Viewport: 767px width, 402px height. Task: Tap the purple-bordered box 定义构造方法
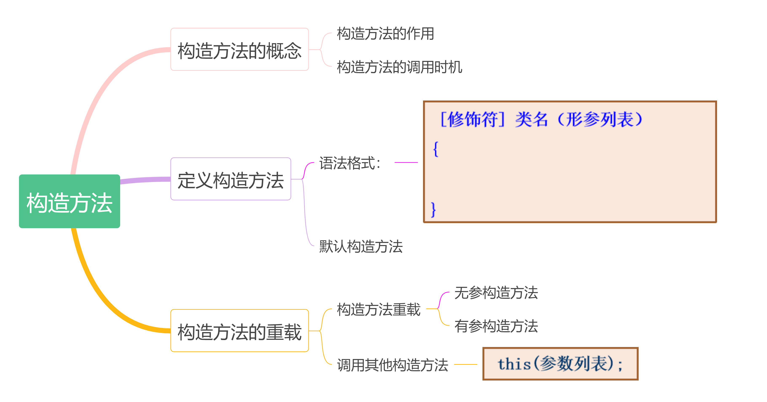[x=230, y=179]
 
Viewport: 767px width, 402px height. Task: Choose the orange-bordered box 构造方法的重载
[x=239, y=331]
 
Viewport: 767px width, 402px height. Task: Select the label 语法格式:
[x=350, y=163]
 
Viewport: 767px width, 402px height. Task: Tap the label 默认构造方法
[x=361, y=246]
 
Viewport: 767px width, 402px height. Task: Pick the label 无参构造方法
[x=496, y=293]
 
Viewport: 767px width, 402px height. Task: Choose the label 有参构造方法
[x=496, y=326]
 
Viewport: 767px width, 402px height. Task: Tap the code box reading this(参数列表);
[x=560, y=364]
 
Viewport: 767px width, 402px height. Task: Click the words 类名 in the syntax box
[x=532, y=119]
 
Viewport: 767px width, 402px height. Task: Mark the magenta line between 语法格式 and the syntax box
[x=406, y=162]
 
